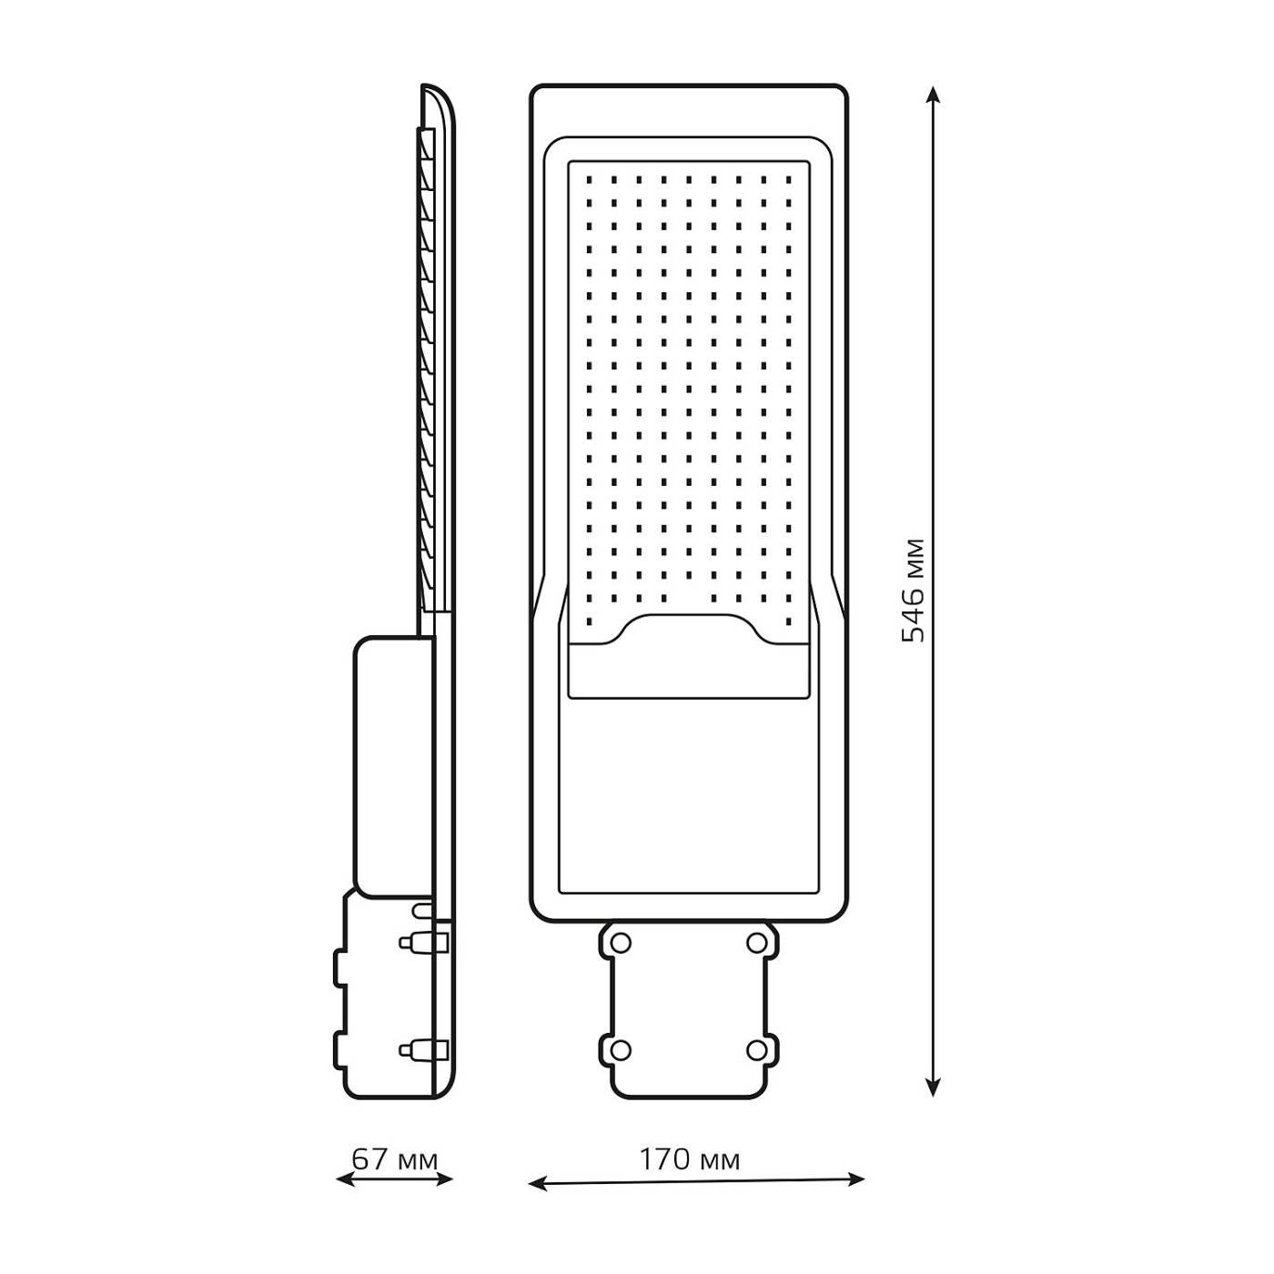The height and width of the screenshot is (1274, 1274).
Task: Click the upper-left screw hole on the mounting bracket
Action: pyautogui.click(x=621, y=943)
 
